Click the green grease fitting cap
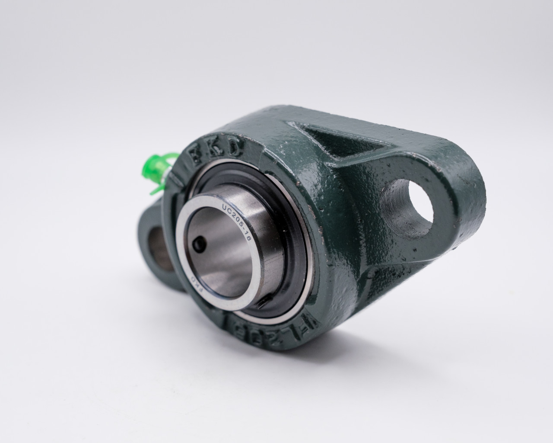click(162, 165)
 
